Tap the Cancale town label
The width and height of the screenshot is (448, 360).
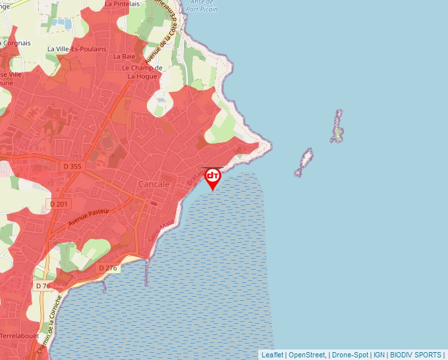[154, 184]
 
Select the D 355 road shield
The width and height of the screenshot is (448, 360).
[73, 167]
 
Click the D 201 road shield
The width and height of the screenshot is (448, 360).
[59, 204]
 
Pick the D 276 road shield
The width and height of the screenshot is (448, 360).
[107, 268]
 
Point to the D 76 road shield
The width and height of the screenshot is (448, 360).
[43, 286]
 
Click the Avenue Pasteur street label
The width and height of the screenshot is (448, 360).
[88, 219]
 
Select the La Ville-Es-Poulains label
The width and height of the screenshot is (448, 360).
[73, 49]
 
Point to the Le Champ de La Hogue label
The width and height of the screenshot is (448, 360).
[142, 72]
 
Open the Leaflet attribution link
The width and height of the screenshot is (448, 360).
[272, 355]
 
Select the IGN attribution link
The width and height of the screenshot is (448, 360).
[379, 355]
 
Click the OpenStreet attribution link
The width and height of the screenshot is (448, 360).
[307, 355]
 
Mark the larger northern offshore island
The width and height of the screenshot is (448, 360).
[337, 126]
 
